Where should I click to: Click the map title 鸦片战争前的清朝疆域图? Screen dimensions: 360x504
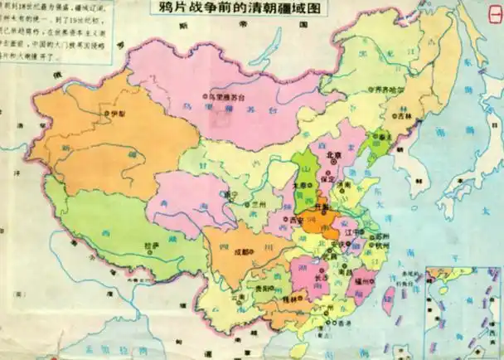tap(235, 11)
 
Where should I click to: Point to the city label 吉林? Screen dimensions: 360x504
tap(404, 117)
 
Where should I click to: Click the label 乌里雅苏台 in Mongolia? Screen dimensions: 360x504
tap(228, 96)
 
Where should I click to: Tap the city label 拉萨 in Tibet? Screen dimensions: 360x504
tap(151, 246)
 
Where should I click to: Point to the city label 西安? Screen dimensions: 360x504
tap(296, 219)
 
